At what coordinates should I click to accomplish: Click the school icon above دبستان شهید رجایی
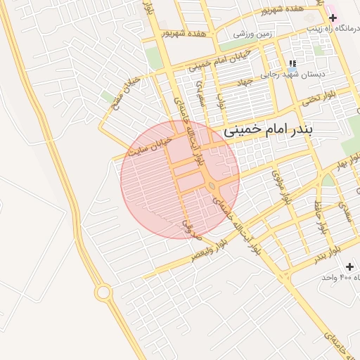(x=292, y=63)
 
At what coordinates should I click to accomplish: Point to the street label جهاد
(x=244, y=83)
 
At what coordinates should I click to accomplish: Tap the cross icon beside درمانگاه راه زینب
(x=333, y=18)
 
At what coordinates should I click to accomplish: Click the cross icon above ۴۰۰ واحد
(x=350, y=266)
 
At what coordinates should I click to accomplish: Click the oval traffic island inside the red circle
(x=212, y=186)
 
